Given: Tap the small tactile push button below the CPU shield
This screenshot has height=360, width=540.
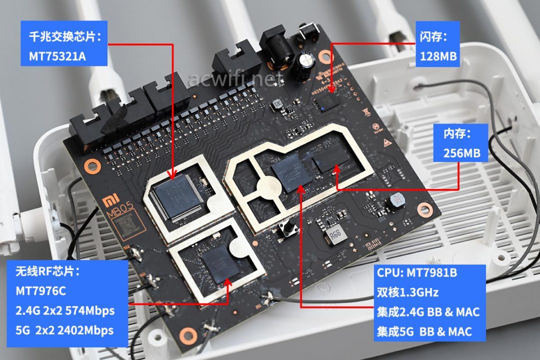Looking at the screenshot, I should (x=286, y=230).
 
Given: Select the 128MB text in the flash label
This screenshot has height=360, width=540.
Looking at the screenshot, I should (x=438, y=56).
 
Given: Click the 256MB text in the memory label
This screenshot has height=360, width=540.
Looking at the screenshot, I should (x=461, y=152).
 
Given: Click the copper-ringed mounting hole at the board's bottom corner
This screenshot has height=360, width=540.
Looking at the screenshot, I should (x=188, y=334).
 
